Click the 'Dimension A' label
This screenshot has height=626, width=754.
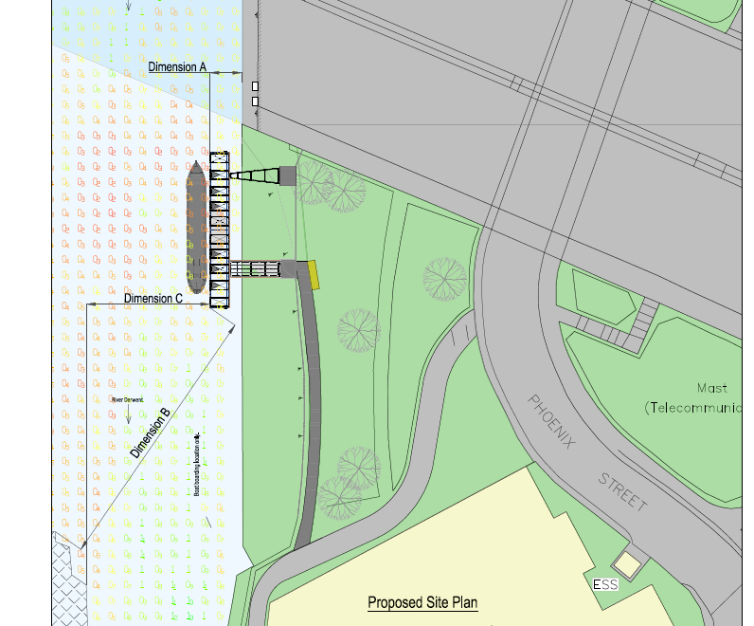click(177, 66)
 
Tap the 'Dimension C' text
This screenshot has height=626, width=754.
click(153, 298)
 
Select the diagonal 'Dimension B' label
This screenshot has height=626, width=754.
click(151, 433)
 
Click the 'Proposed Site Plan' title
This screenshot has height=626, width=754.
click(422, 602)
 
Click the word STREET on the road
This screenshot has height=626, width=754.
click(622, 490)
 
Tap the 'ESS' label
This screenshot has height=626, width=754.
click(605, 584)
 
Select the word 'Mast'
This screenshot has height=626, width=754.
click(712, 388)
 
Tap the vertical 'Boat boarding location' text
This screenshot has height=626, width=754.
click(197, 466)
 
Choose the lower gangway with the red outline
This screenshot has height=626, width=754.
click(255, 269)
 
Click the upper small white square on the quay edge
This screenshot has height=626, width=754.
click(254, 85)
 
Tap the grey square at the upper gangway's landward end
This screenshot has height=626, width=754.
click(287, 175)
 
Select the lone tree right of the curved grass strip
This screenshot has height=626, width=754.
click(443, 278)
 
